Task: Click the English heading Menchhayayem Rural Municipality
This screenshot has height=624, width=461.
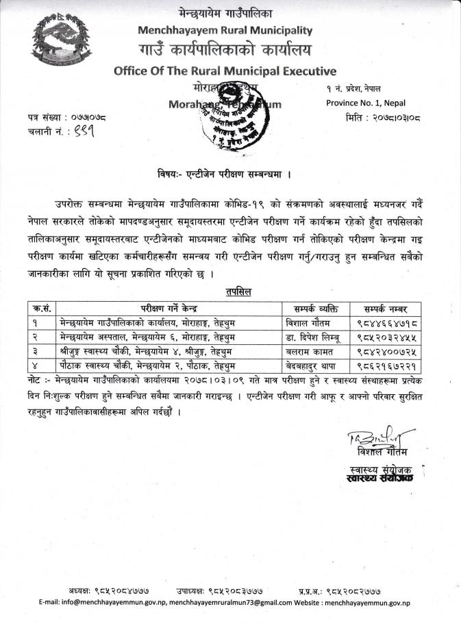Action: tap(225, 30)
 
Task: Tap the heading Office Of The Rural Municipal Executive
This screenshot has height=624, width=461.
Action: tap(225, 71)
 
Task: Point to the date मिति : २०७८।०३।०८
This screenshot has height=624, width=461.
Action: tap(381, 117)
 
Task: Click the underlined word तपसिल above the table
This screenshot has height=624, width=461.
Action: tap(238, 292)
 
